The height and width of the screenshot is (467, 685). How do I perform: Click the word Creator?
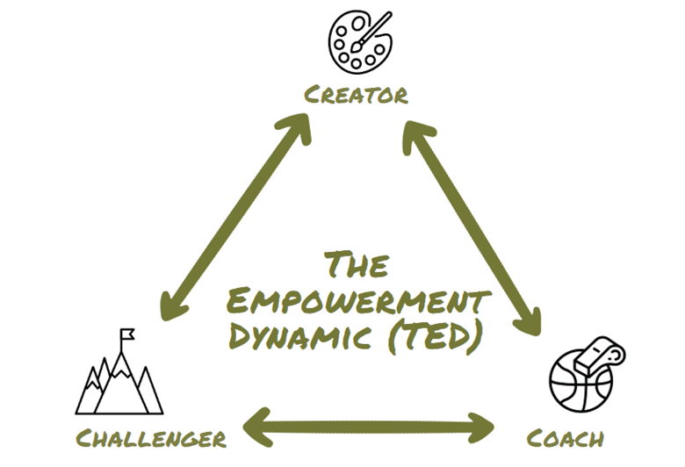(356, 95)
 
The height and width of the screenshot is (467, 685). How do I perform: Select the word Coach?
(565, 437)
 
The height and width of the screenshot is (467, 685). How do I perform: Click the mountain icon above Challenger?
(119, 379)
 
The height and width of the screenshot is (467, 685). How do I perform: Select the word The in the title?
(356, 264)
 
